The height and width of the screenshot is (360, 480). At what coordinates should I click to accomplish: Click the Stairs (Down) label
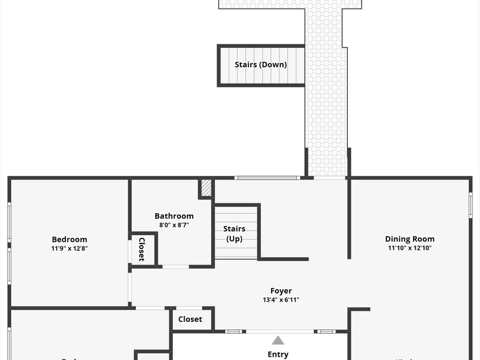pyautogui.click(x=261, y=64)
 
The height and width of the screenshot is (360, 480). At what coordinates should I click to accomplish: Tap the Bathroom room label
pyautogui.click(x=174, y=216)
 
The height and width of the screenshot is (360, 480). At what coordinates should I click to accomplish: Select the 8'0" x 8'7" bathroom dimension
pyautogui.click(x=174, y=225)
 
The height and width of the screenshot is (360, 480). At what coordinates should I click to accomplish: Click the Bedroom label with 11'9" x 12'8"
pyautogui.click(x=69, y=240)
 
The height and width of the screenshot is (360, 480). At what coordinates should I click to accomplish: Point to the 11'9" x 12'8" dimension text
pyautogui.click(x=69, y=248)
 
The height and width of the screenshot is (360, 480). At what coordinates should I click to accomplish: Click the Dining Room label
pyautogui.click(x=410, y=239)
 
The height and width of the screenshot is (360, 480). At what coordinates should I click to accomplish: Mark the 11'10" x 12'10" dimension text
pyautogui.click(x=410, y=248)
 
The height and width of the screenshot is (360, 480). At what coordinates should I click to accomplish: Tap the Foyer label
pyautogui.click(x=281, y=291)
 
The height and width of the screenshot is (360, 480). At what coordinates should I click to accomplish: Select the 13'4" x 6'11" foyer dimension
pyautogui.click(x=281, y=300)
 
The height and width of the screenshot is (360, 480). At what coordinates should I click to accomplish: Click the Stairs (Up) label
pyautogui.click(x=234, y=234)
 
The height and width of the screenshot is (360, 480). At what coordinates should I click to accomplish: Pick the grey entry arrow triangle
pyautogui.click(x=278, y=340)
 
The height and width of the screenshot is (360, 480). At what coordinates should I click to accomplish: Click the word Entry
pyautogui.click(x=278, y=354)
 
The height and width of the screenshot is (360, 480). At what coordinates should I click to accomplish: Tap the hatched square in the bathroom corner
pyautogui.click(x=206, y=187)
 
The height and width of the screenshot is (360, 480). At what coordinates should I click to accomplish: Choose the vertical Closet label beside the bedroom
pyautogui.click(x=141, y=249)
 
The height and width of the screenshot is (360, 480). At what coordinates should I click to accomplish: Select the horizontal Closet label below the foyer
pyautogui.click(x=190, y=319)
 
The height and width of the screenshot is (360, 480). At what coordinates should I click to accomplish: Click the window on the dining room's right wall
pyautogui.click(x=471, y=205)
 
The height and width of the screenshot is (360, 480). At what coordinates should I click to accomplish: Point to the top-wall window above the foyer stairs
pyautogui.click(x=267, y=178)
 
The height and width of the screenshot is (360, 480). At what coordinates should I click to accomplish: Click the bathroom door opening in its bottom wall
pyautogui.click(x=176, y=267)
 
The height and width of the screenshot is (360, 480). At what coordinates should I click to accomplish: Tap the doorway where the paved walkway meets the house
pyautogui.click(x=330, y=178)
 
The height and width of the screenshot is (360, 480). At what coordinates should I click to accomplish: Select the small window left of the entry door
pyautogui.click(x=233, y=331)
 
